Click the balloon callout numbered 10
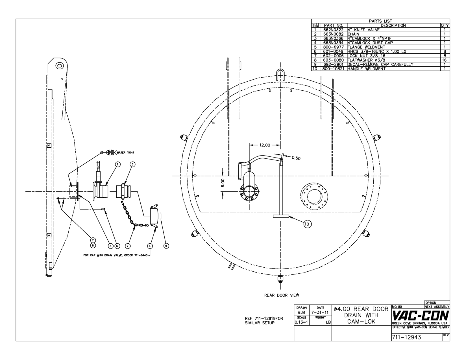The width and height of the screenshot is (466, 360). pos(307,224)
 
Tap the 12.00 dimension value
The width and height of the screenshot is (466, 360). pos(265,145)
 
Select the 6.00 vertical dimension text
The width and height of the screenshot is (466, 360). pos(223,183)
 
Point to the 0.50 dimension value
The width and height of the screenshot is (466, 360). pos(296,158)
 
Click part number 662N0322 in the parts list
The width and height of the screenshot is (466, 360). pos(333,30)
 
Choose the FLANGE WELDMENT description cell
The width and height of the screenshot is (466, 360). pos(366,47)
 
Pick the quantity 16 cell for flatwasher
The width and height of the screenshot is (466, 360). pos(445,60)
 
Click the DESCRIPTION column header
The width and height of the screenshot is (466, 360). pos(393,25)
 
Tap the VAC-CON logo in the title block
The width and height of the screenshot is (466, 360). pos(420,316)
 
